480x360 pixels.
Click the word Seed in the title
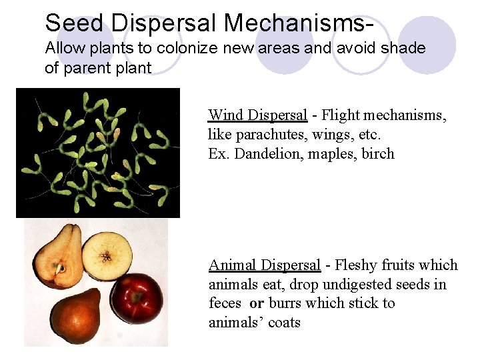[x=74, y=23]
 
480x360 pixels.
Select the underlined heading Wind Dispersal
[x=257, y=115]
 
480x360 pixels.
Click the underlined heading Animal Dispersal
[x=265, y=265]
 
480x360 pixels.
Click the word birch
[x=378, y=154]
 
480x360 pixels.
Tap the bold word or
[x=257, y=303]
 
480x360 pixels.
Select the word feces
[x=225, y=303]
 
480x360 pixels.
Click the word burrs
[x=285, y=303]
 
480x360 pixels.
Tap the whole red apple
[x=137, y=297]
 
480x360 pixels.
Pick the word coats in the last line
[x=285, y=323]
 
